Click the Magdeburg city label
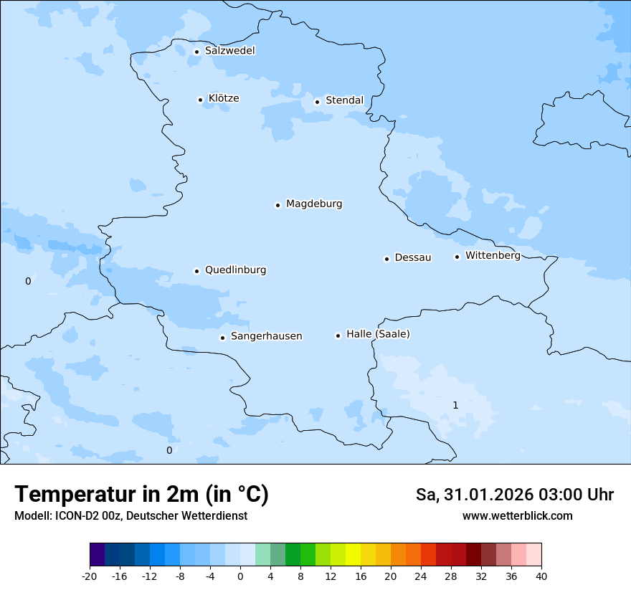(314, 204)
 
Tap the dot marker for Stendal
(317, 101)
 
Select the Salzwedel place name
(229, 51)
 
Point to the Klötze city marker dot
(200, 100)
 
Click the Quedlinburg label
(235, 270)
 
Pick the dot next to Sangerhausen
(222, 338)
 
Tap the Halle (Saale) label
(378, 334)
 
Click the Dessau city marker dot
(386, 259)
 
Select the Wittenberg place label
(493, 256)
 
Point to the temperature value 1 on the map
(455, 406)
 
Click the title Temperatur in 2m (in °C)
(141, 495)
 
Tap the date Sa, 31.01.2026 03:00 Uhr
(514, 495)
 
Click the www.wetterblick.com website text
(517, 515)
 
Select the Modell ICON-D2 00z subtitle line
(131, 516)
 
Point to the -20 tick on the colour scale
(90, 576)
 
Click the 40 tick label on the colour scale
(541, 576)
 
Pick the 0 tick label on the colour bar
(240, 576)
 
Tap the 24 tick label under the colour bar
(420, 576)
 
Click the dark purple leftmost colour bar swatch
(97, 555)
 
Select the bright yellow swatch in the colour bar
(353, 555)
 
